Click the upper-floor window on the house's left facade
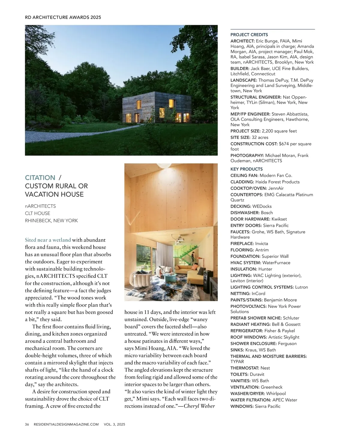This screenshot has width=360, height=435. [139, 104]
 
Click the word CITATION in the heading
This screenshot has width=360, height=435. [40, 178]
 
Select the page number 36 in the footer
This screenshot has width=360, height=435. [27, 424]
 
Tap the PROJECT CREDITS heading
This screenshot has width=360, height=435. [249, 35]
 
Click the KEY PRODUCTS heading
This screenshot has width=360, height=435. [246, 169]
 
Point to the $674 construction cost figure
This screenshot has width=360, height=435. [284, 144]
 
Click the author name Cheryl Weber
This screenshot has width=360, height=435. [199, 406]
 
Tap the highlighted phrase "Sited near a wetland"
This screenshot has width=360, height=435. [48, 240]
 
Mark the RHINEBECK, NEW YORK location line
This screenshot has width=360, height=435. [51, 221]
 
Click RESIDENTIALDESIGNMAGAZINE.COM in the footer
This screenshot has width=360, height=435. [66, 424]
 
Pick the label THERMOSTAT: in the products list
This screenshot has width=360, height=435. [244, 368]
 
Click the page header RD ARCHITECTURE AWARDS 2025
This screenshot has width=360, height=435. [63, 17]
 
